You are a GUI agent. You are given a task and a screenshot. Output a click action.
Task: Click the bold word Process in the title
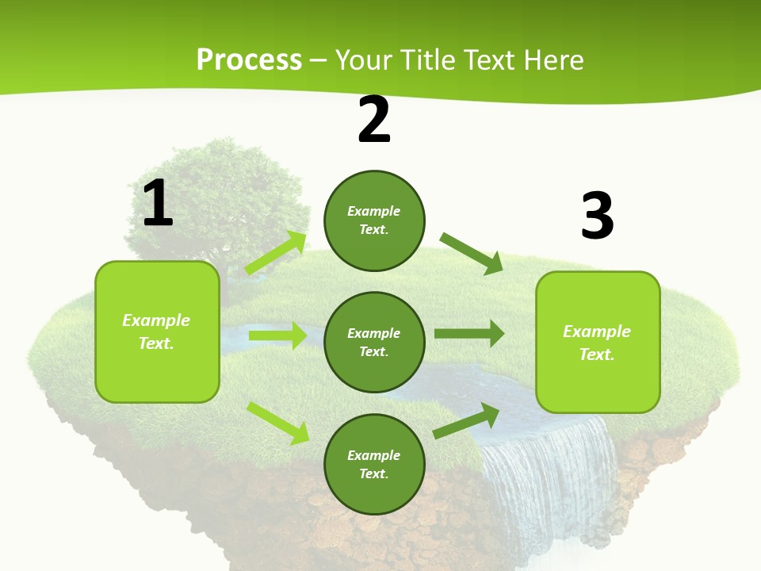click(249, 59)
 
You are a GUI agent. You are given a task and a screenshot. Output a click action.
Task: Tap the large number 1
click(158, 203)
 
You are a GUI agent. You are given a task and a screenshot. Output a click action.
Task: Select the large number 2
click(374, 120)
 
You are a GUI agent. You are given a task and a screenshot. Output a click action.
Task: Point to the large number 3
click(597, 216)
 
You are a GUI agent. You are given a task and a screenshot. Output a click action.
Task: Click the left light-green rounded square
click(157, 331)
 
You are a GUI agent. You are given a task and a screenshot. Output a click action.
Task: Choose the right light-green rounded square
click(598, 342)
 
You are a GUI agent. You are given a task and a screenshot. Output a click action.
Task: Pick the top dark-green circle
click(374, 220)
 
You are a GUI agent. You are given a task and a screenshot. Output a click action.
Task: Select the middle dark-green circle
click(374, 342)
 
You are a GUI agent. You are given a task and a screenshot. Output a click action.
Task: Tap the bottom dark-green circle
click(374, 464)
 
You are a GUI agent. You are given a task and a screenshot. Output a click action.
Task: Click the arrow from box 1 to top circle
click(276, 253)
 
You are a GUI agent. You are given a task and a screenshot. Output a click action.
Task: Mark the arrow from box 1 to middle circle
click(277, 335)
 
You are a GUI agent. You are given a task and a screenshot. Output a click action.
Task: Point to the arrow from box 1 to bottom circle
click(277, 423)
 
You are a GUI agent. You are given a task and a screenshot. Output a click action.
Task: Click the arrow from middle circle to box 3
click(468, 334)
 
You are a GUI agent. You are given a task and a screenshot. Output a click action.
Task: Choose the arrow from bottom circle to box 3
click(467, 421)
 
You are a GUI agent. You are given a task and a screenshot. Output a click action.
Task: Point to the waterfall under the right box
click(547, 476)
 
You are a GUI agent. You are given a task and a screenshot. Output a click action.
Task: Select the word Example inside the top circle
click(374, 211)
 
